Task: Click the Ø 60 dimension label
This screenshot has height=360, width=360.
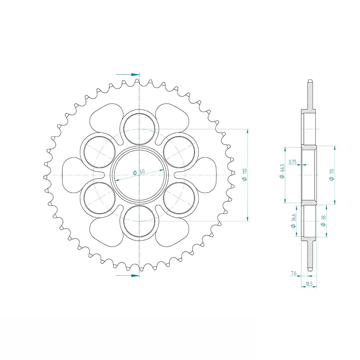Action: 139,172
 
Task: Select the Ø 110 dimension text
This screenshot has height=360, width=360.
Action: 244,175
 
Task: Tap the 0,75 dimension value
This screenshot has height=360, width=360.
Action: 293,162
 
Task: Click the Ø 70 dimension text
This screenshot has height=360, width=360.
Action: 332,175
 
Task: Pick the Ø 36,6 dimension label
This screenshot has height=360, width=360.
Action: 293,221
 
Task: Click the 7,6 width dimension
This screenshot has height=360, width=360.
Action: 293,274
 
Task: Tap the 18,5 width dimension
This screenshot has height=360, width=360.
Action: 309,284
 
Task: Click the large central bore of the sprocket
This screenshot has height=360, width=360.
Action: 139,175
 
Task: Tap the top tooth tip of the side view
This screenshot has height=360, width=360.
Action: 310,81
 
